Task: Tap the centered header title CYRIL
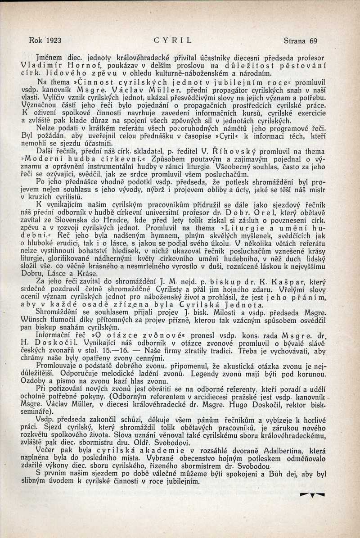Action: click(173, 40)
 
